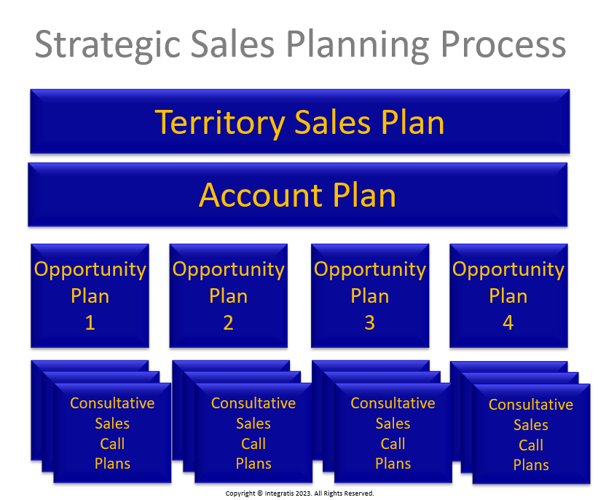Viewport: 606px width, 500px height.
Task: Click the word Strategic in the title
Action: click(108, 45)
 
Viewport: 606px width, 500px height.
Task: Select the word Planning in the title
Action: click(358, 45)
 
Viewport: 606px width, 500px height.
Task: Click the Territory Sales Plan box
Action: click(300, 122)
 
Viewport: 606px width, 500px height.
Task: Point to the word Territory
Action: click(220, 123)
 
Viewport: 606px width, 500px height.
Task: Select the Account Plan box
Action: click(298, 194)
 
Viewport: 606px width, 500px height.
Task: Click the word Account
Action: click(261, 195)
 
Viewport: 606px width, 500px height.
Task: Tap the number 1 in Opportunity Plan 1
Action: click(90, 322)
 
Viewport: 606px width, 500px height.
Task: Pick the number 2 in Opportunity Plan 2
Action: click(229, 322)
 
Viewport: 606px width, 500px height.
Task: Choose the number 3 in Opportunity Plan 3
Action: click(370, 322)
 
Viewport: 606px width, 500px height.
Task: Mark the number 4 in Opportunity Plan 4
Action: click(508, 322)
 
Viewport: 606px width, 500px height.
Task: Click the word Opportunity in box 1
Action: click(90, 270)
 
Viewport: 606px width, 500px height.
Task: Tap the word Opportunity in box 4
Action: click(508, 270)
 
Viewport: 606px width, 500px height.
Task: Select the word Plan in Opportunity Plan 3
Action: click(370, 296)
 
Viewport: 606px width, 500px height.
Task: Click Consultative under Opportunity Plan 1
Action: click(112, 403)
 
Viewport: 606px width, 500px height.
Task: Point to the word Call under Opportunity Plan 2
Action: click(253, 444)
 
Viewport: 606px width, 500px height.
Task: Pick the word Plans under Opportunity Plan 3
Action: click(393, 464)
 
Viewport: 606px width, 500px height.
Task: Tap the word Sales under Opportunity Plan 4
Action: click(531, 425)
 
